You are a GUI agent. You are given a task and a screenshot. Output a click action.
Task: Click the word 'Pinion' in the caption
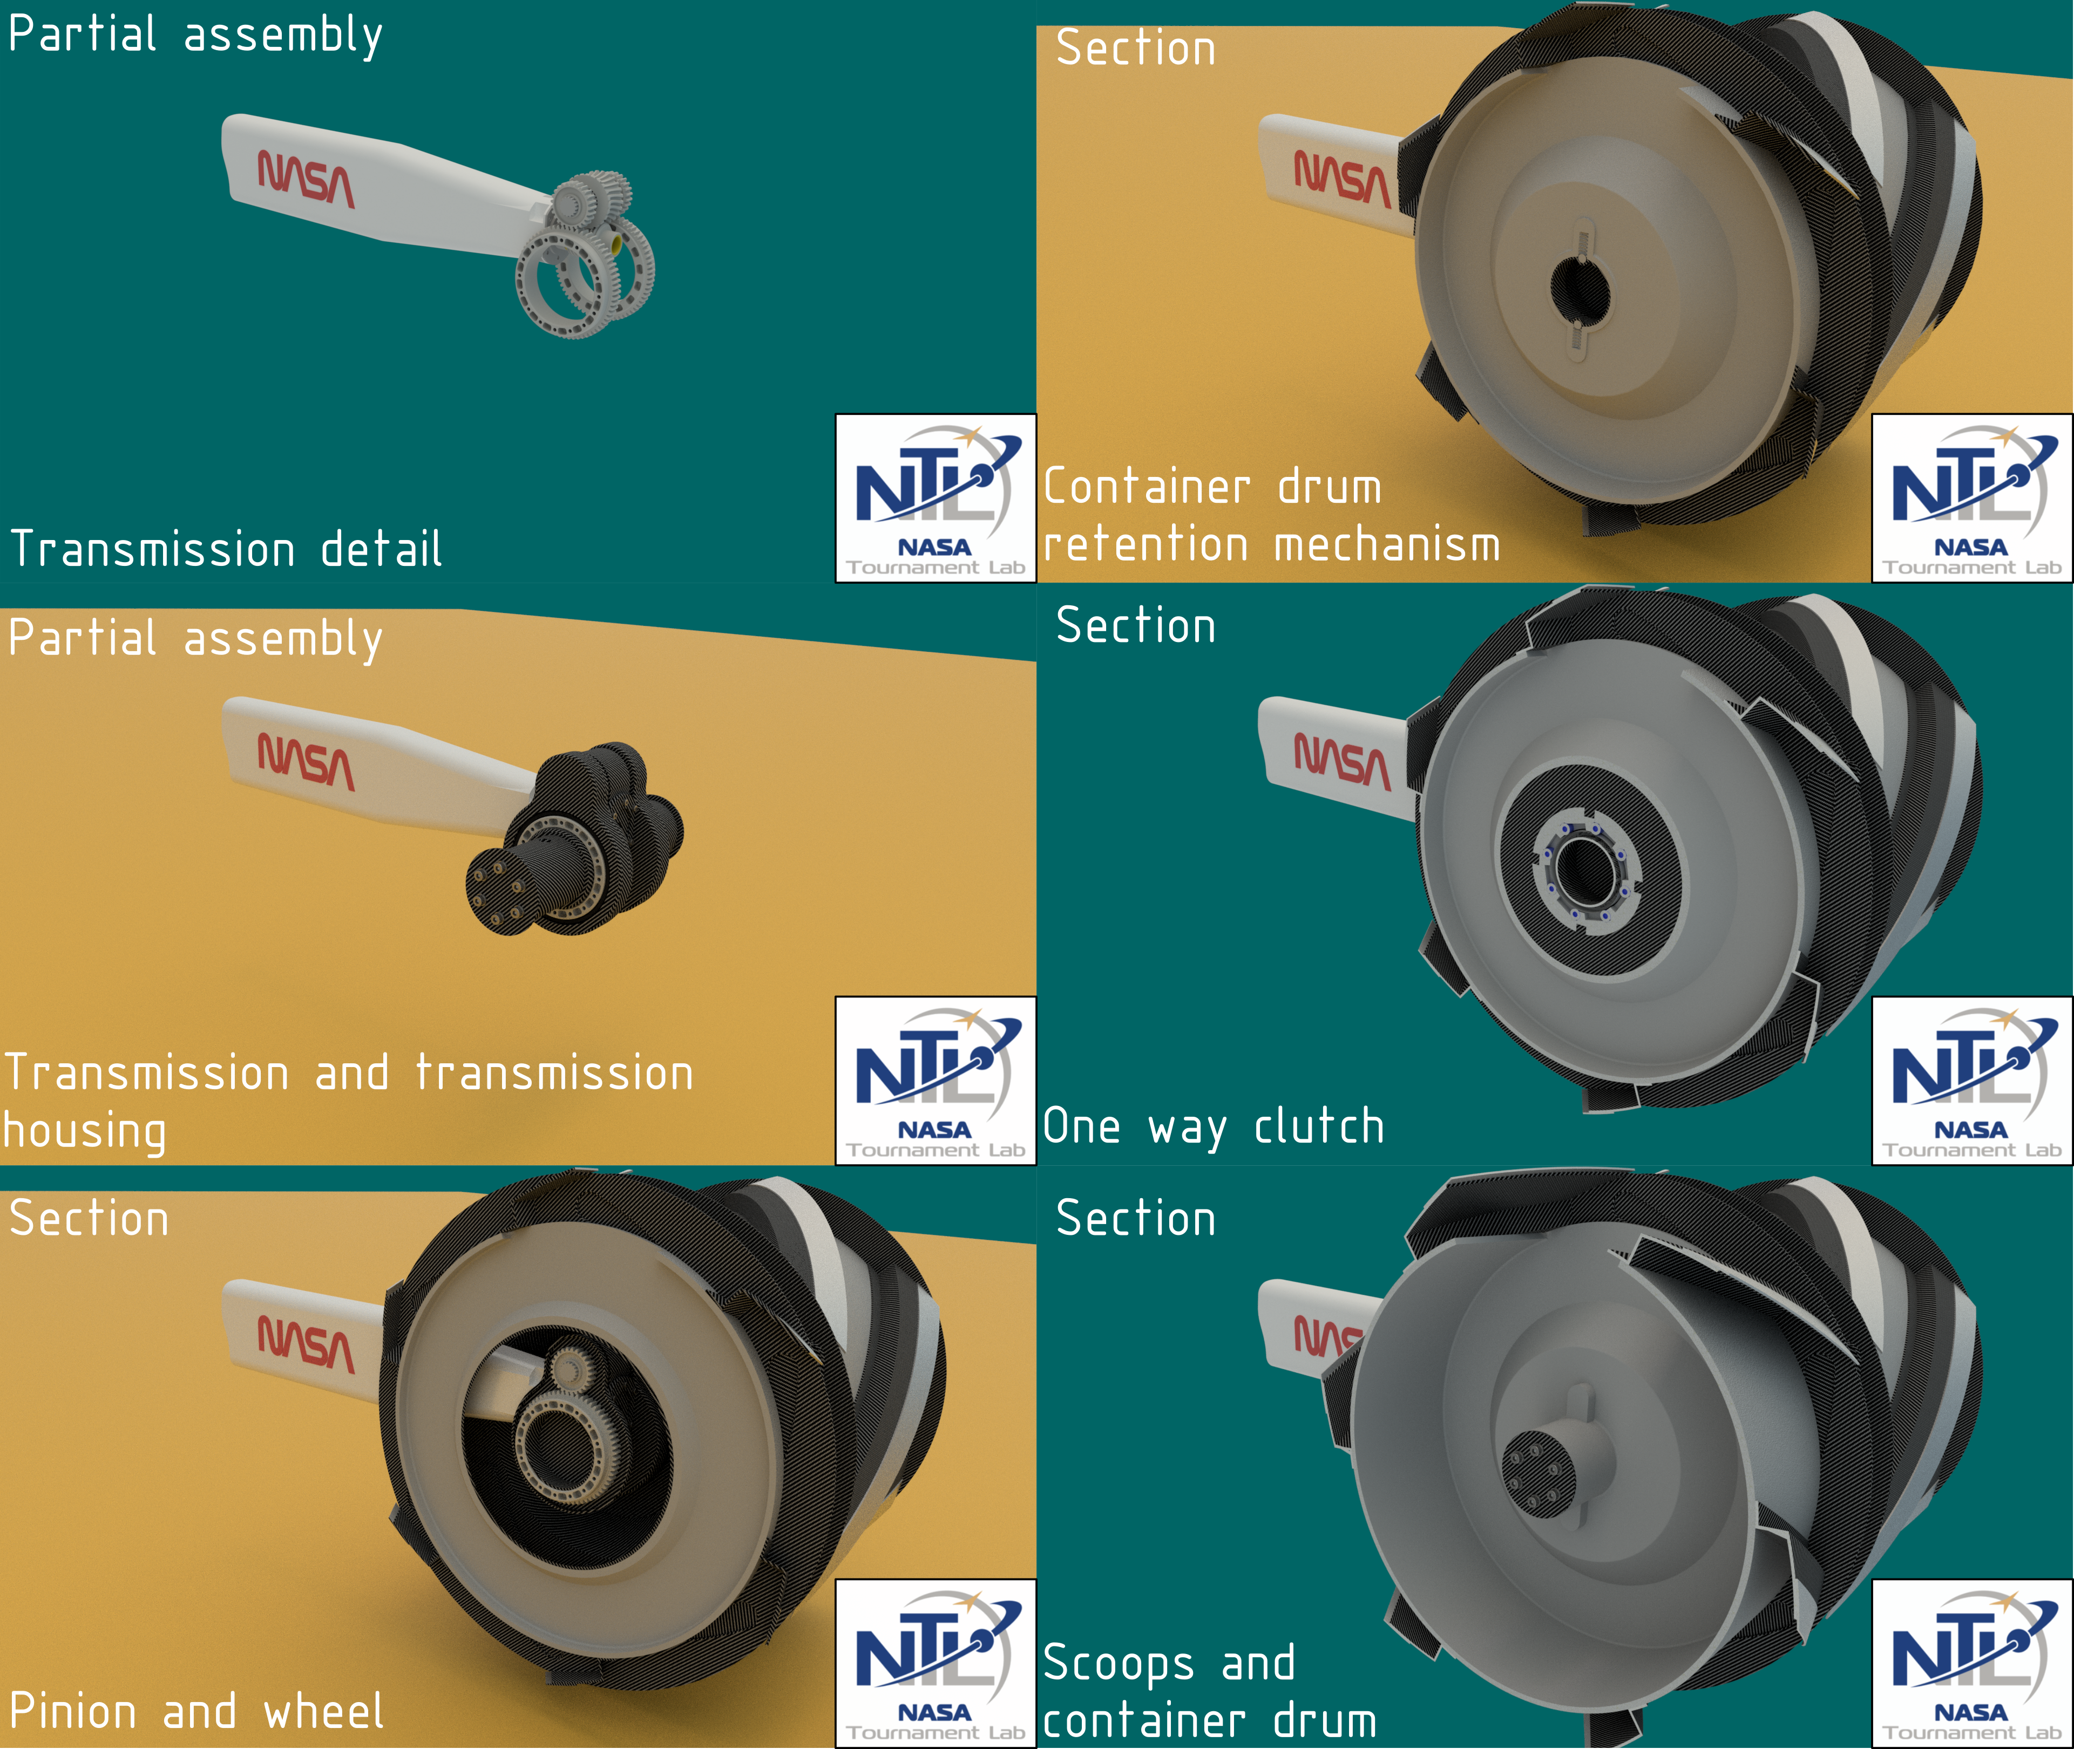pos(73,1711)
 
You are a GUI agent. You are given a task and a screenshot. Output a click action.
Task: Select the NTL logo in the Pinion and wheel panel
pos(936,1663)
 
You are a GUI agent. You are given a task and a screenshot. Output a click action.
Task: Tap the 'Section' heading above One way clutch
pos(1136,626)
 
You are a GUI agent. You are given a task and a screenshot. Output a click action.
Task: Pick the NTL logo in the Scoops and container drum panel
pos(1972,1663)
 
